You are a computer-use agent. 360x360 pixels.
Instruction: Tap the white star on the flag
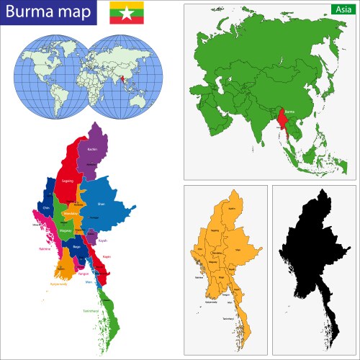tap(126, 12)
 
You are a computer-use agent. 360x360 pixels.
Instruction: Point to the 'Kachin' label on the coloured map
tap(91, 149)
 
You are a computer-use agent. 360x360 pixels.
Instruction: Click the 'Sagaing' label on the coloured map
tap(68, 181)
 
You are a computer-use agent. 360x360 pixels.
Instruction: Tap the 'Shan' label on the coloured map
tap(100, 204)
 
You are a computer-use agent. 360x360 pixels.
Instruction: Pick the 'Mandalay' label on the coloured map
tap(71, 214)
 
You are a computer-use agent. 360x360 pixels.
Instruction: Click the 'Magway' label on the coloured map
tap(65, 230)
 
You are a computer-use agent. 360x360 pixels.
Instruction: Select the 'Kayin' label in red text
tap(107, 256)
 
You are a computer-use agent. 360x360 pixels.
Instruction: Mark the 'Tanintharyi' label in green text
tap(90, 310)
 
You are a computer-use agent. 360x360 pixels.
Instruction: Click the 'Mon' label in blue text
tap(89, 282)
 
